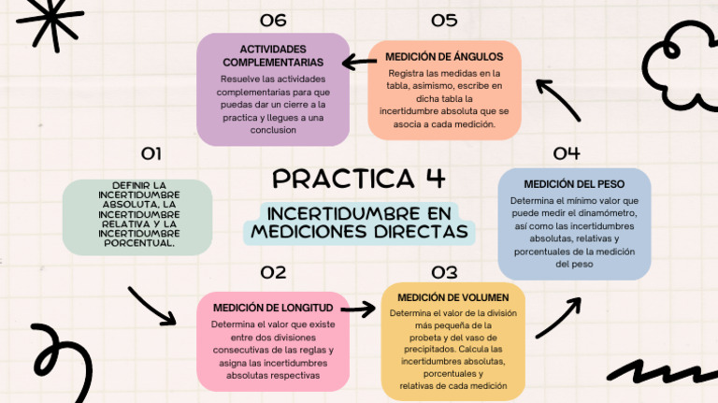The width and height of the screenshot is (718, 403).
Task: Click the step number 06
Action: (x=273, y=21)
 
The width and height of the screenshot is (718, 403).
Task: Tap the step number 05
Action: (x=444, y=21)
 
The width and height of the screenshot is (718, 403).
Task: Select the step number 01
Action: (x=151, y=153)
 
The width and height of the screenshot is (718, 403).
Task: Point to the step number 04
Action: (x=567, y=153)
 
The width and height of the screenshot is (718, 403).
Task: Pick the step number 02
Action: (x=273, y=272)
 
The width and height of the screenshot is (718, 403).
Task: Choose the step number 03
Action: (x=444, y=272)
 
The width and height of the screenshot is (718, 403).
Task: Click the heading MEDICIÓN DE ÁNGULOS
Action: (x=444, y=57)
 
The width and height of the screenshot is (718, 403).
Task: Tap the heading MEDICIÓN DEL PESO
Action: (x=574, y=184)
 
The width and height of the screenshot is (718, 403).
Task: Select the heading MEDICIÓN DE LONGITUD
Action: (x=273, y=308)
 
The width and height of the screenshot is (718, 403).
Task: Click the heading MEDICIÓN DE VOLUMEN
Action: (x=452, y=297)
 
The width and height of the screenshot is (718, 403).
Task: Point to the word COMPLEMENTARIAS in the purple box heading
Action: (x=273, y=63)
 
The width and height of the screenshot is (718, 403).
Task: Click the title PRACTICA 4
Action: (x=359, y=179)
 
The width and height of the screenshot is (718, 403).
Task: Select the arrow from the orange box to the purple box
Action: (x=359, y=62)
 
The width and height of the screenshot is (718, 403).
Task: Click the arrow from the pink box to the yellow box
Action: (x=358, y=309)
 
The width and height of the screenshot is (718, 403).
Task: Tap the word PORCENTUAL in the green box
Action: (x=138, y=243)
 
